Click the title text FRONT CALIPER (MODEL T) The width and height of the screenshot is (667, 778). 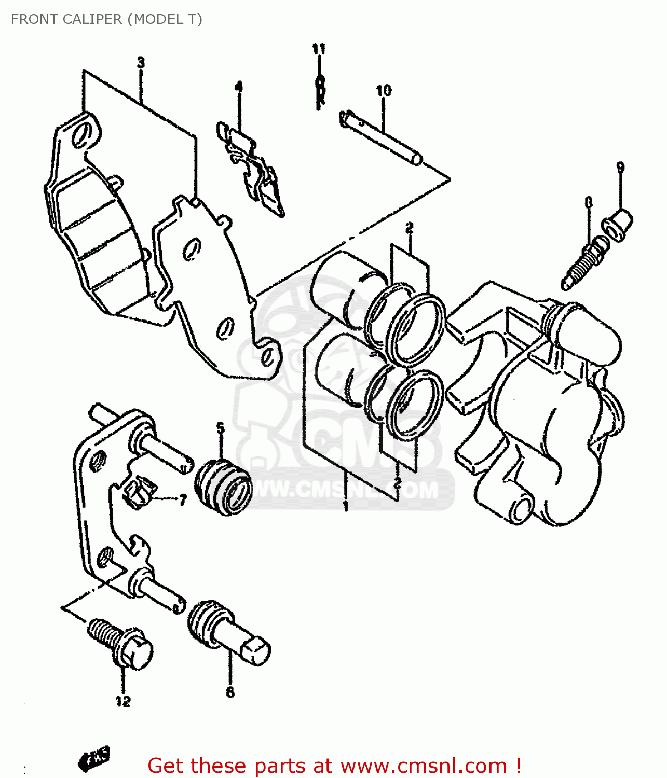pos(106,19)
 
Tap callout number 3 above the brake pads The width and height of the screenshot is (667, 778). pos(141,63)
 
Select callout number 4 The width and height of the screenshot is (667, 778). pos(238,86)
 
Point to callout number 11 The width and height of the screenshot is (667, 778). pos(319,49)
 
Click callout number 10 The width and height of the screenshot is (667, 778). pos(384,91)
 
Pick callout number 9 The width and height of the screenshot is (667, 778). pos(620,167)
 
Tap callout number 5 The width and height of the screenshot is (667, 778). pos(221,428)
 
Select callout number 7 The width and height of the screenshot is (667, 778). pos(182,500)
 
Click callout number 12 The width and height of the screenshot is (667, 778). pos(123,701)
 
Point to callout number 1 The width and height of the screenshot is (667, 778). pos(346,506)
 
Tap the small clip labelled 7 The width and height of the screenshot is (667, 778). pos(140,493)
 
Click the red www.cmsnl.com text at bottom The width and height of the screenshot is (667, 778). pos(424,766)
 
